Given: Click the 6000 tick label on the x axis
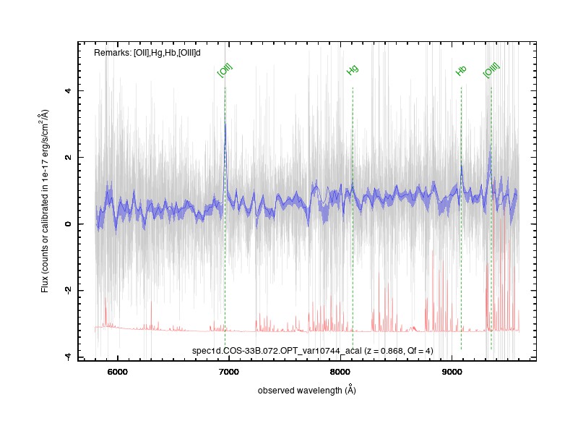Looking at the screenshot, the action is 117,372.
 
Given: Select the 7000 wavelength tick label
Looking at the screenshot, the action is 228,372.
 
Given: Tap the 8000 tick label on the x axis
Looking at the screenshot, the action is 340,372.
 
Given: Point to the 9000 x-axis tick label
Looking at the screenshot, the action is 452,372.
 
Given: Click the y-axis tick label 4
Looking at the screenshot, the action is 68,90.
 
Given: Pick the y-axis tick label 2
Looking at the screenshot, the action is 68,157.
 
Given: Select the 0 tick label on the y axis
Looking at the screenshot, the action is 68,224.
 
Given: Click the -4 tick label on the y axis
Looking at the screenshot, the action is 68,356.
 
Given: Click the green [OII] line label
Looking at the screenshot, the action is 225,70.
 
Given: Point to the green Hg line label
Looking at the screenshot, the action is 353,70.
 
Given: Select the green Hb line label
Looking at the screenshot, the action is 461,70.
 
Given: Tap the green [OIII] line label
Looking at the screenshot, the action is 491,70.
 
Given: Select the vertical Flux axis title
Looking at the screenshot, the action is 45,201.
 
